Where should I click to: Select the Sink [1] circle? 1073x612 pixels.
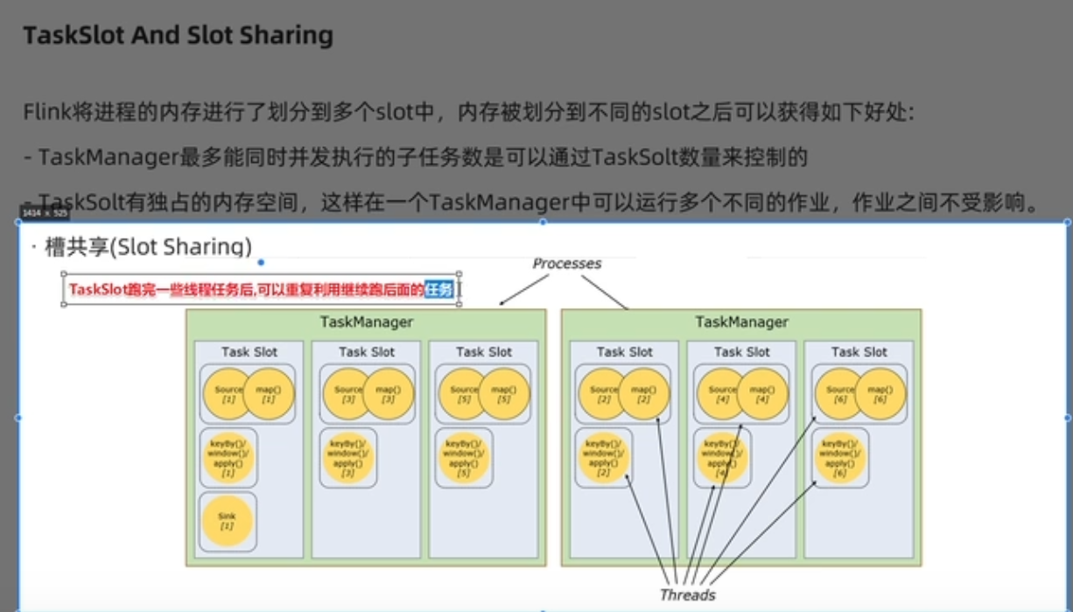click(x=227, y=520)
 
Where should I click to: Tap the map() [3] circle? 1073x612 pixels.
click(x=387, y=394)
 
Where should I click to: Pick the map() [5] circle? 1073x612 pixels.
click(x=503, y=394)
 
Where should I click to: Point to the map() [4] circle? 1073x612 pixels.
click(x=761, y=394)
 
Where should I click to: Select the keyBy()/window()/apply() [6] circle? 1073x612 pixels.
click(x=840, y=456)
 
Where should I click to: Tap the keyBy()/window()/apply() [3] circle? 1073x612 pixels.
click(x=348, y=456)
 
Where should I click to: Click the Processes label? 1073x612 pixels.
click(x=567, y=264)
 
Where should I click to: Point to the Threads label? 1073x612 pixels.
click(x=687, y=595)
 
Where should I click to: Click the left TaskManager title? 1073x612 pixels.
click(x=366, y=322)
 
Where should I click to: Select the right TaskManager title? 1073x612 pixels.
click(x=741, y=322)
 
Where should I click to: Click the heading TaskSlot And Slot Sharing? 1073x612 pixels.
click(x=178, y=36)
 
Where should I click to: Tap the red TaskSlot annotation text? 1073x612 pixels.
click(x=245, y=290)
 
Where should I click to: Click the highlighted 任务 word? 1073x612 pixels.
click(x=439, y=290)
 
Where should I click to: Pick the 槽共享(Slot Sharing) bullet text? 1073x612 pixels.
click(x=148, y=247)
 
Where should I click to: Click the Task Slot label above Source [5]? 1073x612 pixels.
click(x=484, y=352)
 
